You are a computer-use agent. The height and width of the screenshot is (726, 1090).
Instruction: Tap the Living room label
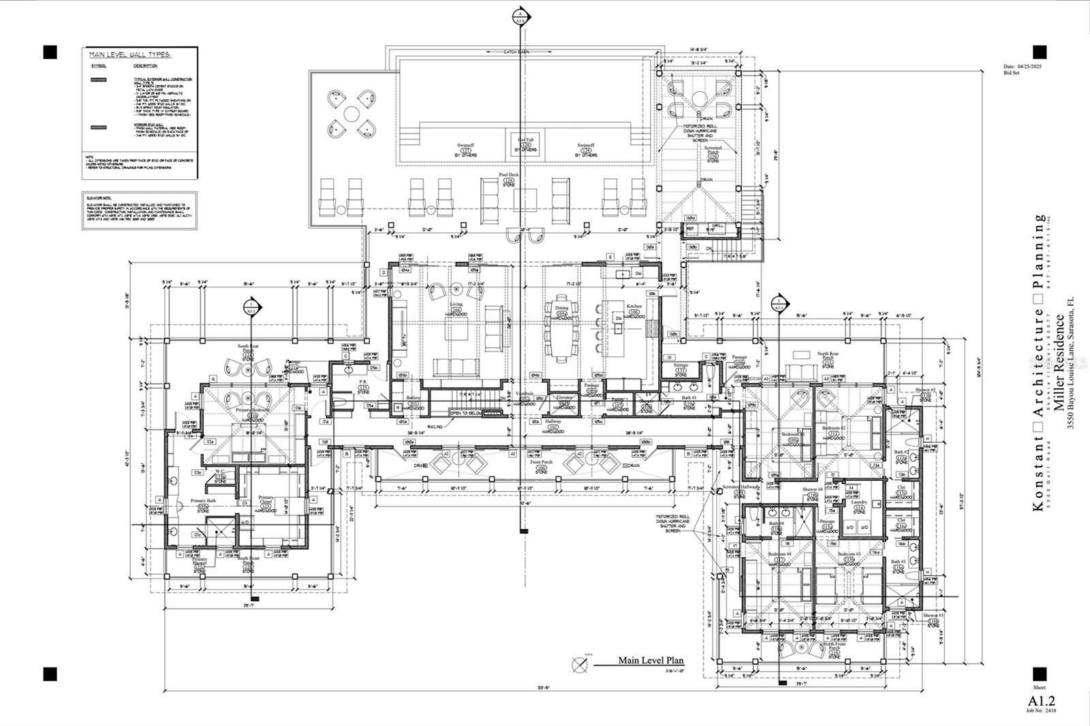tap(456, 304)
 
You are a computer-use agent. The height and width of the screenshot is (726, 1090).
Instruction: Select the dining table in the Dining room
tap(562, 330)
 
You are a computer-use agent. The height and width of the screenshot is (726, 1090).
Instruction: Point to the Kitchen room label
tap(634, 306)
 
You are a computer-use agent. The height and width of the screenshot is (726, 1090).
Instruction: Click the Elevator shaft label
tap(564, 397)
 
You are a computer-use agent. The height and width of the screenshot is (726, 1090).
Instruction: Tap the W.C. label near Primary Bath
tap(220, 471)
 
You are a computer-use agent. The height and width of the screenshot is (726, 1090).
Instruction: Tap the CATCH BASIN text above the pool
tap(516, 52)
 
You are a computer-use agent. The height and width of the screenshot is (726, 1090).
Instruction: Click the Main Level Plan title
tap(651, 660)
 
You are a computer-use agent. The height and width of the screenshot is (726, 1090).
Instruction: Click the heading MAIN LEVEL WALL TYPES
tap(129, 54)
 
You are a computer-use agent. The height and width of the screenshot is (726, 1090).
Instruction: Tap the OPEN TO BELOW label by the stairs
tap(465, 413)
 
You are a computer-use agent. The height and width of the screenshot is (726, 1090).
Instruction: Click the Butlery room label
tap(413, 398)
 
